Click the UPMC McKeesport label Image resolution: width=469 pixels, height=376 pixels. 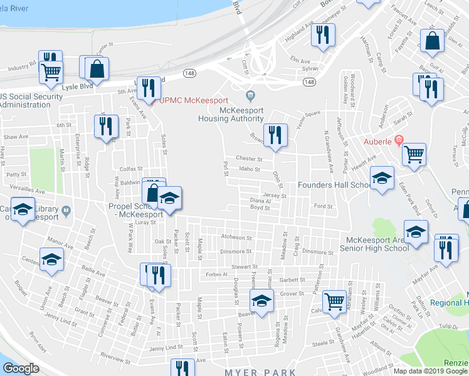(x=193, y=100)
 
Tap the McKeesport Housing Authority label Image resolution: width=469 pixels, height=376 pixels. (x=231, y=113)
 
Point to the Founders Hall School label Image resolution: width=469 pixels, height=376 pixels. (x=334, y=185)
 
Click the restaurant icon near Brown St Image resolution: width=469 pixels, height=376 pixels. (x=275, y=135)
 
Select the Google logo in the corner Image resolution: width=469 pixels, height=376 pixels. (x=21, y=368)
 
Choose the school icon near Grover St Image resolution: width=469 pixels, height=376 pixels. (x=262, y=300)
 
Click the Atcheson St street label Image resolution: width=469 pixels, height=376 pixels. (x=236, y=238)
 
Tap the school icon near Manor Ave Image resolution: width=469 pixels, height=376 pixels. (x=52, y=259)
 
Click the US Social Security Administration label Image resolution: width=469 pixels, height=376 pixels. (x=31, y=100)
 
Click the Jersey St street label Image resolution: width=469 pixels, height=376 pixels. (x=275, y=196)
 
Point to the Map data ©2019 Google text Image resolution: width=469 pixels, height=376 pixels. (x=429, y=370)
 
